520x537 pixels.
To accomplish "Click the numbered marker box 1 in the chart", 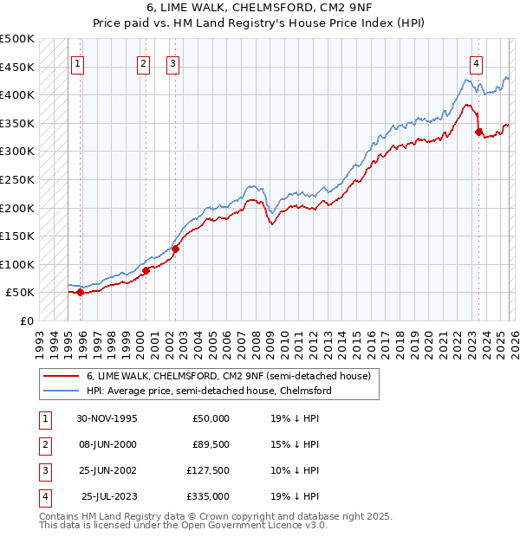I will [x=78, y=62].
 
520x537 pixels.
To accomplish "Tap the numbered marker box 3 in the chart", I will [x=173, y=62].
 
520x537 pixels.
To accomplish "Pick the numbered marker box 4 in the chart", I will [x=477, y=62].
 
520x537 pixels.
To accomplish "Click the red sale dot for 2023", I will [x=478, y=132].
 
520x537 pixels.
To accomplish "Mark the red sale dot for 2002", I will [x=175, y=249].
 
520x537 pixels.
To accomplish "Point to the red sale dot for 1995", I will [x=80, y=292].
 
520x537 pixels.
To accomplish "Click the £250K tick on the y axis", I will [x=17, y=179].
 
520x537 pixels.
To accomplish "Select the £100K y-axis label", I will [x=17, y=264].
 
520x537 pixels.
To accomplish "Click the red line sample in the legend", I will [x=61, y=376].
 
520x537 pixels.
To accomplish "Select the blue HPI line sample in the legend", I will [x=61, y=391].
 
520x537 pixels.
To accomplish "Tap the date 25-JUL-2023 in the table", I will [x=108, y=496].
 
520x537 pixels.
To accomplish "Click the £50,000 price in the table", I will [x=211, y=417].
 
